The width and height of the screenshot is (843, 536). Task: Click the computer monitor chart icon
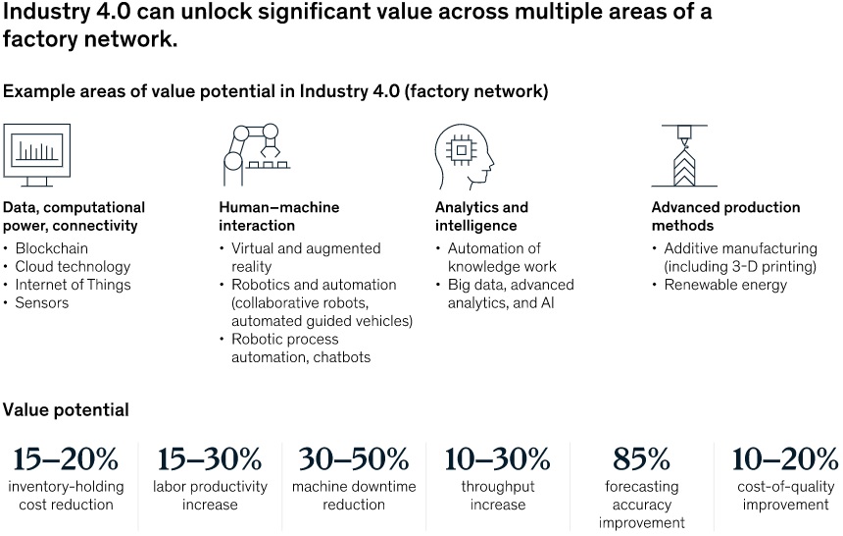36,154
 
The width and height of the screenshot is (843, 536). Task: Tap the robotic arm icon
257,154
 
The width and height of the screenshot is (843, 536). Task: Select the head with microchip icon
465,157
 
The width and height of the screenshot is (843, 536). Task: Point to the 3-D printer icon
684,155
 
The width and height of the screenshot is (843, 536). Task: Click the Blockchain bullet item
52,248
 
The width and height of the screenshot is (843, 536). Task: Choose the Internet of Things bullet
74,285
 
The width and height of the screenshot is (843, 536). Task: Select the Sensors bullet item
42,302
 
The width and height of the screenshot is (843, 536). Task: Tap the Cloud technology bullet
74,267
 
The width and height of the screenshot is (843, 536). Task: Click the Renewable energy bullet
725,285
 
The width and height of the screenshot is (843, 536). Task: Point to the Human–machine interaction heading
279,216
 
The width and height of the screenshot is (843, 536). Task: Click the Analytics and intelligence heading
481,216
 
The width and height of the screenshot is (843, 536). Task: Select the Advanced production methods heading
725,216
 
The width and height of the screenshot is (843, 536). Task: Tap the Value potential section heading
66,410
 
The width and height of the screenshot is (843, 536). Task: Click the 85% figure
641,459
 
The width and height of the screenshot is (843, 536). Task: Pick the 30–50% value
354,459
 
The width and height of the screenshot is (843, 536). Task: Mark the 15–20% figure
66,459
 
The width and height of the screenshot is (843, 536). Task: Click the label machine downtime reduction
354,496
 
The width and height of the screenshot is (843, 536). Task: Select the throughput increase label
498,496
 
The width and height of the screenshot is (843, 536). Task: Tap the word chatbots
342,357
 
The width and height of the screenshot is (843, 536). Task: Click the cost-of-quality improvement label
785,496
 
